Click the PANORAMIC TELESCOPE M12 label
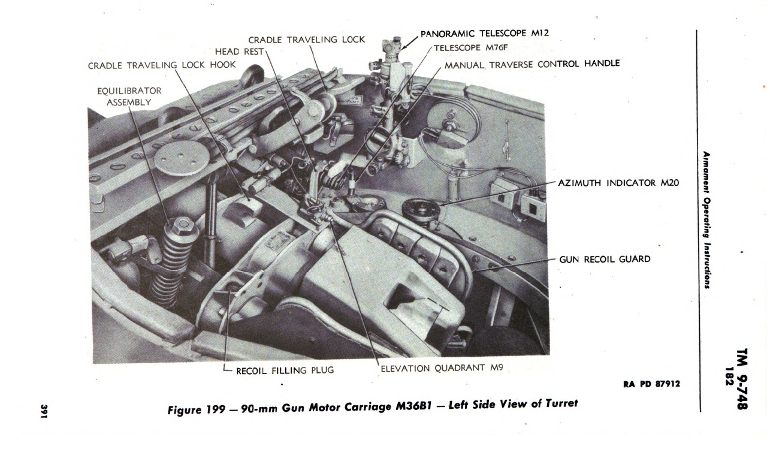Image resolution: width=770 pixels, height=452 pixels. click(x=485, y=34)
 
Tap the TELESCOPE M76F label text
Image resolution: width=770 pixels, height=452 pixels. click(x=470, y=47)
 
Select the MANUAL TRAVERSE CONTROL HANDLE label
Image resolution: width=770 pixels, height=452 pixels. click(x=532, y=64)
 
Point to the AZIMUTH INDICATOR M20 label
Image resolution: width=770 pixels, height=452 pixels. click(x=618, y=183)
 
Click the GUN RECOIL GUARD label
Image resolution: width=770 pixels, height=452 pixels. click(x=605, y=259)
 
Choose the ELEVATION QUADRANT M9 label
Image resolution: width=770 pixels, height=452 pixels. click(x=442, y=368)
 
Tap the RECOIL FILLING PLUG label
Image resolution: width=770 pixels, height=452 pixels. click(x=285, y=370)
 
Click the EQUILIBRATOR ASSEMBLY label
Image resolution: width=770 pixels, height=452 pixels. click(x=129, y=97)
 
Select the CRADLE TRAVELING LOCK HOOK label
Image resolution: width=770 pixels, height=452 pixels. click(x=162, y=65)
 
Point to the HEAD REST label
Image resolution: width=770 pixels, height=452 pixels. click(x=239, y=52)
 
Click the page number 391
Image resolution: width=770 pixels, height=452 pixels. click(x=44, y=411)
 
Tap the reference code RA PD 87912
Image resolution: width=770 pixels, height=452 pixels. click(x=651, y=384)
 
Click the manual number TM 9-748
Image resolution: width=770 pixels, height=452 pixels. click(x=742, y=379)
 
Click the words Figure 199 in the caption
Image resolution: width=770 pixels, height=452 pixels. click(x=197, y=409)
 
